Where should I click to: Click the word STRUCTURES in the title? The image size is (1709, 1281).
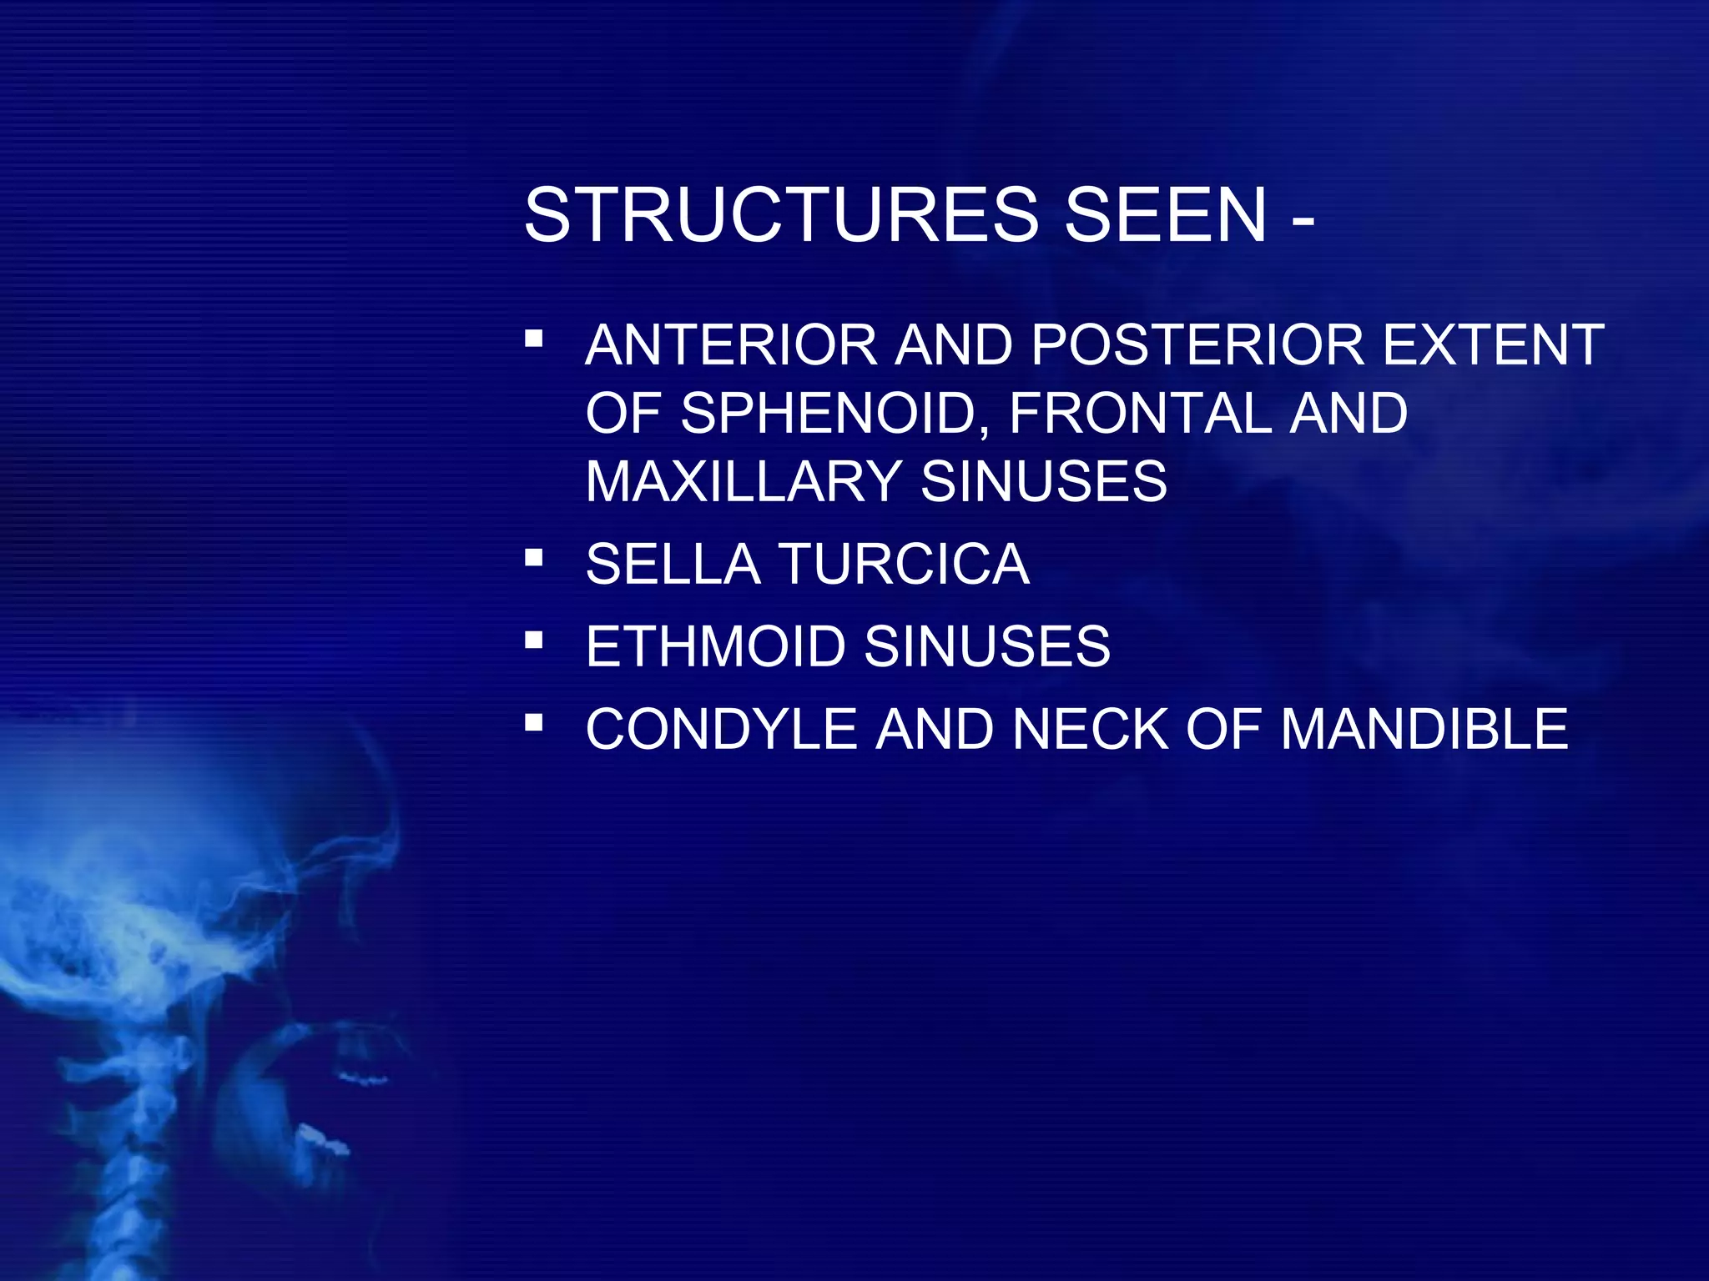coord(782,215)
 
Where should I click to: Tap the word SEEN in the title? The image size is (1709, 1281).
coord(1166,215)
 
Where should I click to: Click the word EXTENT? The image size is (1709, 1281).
coord(1494,344)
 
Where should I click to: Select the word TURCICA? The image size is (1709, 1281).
coord(905,565)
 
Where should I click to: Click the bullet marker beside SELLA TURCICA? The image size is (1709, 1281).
coord(534,557)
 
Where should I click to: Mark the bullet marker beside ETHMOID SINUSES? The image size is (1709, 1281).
coord(534,640)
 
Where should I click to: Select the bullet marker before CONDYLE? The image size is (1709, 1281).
coord(534,722)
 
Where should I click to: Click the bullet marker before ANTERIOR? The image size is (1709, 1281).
coord(534,339)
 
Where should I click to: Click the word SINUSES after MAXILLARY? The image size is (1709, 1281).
coord(1044,481)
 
